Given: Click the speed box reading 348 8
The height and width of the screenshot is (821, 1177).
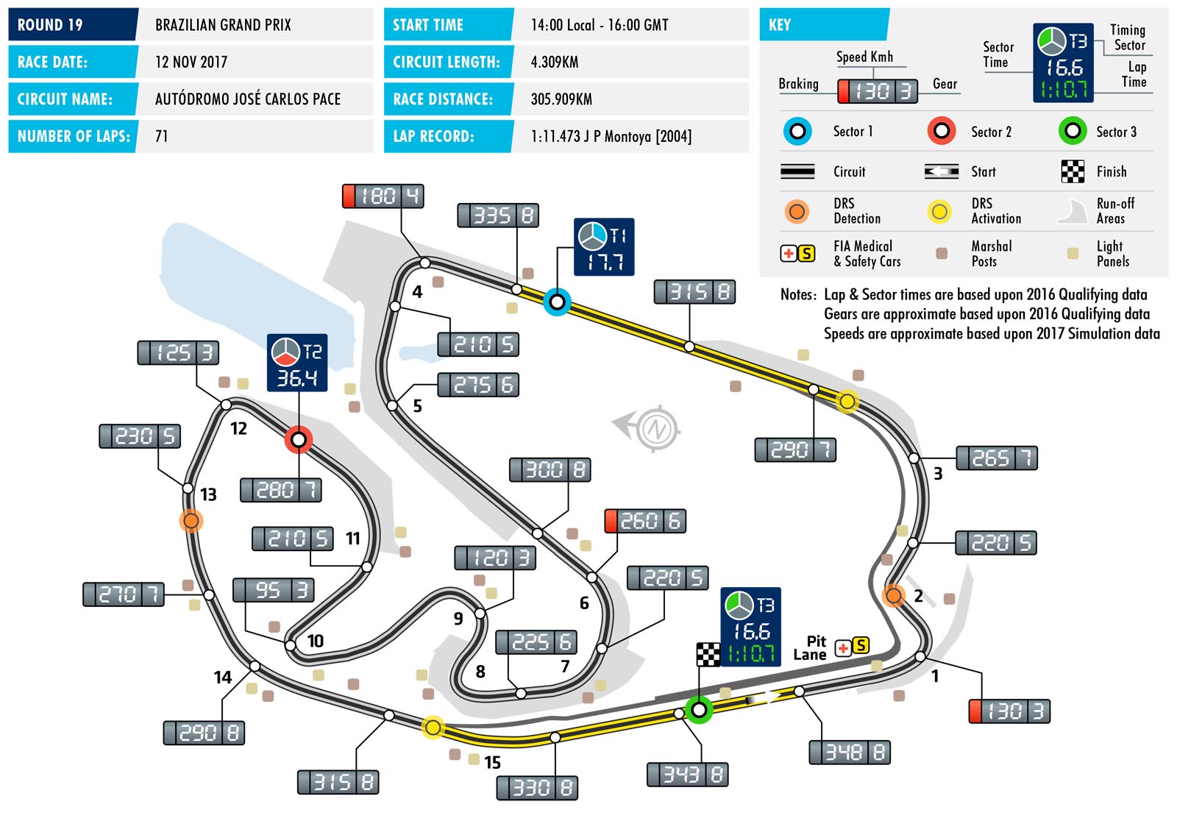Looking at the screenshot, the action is click(850, 753).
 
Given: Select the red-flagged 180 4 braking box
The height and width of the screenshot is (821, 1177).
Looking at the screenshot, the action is click(383, 196).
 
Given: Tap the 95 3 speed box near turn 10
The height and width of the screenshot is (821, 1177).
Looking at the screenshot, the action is click(274, 590).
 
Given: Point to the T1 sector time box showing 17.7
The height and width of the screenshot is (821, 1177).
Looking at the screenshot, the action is click(604, 246).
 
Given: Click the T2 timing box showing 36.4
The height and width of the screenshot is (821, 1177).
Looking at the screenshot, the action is click(297, 363).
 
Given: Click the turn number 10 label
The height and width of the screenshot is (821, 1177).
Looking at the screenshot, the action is click(316, 641).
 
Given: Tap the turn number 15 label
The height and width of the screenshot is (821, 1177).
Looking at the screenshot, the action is click(492, 762).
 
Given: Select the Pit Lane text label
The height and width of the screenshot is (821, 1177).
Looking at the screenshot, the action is click(810, 647).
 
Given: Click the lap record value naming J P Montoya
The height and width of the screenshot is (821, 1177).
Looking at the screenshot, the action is click(611, 137).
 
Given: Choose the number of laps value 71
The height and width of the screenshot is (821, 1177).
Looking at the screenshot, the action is click(161, 137).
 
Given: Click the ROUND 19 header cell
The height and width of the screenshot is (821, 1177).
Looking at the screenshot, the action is click(73, 24).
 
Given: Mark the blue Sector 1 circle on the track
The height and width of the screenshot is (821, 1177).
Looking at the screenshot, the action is click(557, 302).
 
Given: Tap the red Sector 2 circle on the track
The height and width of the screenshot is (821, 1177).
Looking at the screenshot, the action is click(299, 439).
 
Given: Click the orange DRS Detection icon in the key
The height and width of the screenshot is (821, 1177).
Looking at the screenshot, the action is click(797, 211).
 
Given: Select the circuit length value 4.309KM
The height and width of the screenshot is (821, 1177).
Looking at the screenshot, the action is click(555, 62).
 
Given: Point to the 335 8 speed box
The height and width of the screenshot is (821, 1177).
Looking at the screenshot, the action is click(498, 215).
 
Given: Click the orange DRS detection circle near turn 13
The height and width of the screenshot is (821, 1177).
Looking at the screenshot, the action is click(191, 521).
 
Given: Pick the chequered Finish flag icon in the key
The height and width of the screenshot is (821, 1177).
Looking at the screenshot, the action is click(1073, 171).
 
